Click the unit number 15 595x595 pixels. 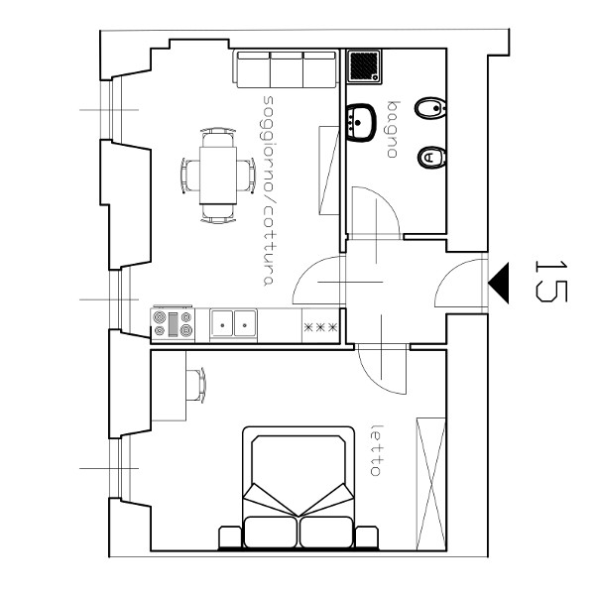tap(550, 282)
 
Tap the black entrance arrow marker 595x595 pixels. tap(499, 283)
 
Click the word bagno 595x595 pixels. tap(393, 129)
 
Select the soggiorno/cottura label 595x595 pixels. tap(269, 190)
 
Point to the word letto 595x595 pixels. tap(376, 450)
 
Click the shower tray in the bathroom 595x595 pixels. tap(364, 66)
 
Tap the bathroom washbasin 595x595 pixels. tap(361, 123)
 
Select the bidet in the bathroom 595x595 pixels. tap(430, 108)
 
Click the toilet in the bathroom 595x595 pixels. tap(431, 158)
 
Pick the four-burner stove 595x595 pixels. tap(173, 324)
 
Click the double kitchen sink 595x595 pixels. tap(233, 323)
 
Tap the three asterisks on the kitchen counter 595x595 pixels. tap(320, 327)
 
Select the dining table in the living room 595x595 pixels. tap(218, 176)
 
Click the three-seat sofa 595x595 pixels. tap(287, 68)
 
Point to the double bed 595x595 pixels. tap(298, 488)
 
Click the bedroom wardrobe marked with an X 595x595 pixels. tap(431, 484)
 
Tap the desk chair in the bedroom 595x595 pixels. tap(196, 385)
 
